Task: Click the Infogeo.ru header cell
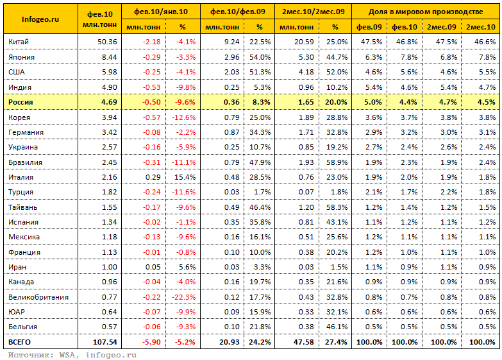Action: pos(40,19)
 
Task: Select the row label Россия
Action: pos(21,102)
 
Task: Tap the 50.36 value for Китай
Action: pos(107,42)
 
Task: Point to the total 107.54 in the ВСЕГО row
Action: pos(105,342)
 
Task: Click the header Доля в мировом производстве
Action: pos(426,12)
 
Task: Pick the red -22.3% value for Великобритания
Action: pos(183,297)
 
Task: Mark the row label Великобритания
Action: pos(38,297)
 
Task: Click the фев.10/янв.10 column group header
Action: pos(161,12)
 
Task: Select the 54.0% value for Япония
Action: pos(260,57)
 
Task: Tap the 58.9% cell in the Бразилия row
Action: pos(337,162)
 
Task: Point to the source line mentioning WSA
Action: pos(72,355)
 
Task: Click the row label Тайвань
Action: pos(22,207)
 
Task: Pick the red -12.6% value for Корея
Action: pos(183,117)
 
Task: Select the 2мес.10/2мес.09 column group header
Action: pos(313,12)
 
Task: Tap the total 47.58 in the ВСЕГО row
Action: pos(303,342)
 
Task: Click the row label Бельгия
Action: pos(22,327)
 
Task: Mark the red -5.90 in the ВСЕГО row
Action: pos(151,342)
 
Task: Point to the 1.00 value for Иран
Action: pos(109,267)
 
